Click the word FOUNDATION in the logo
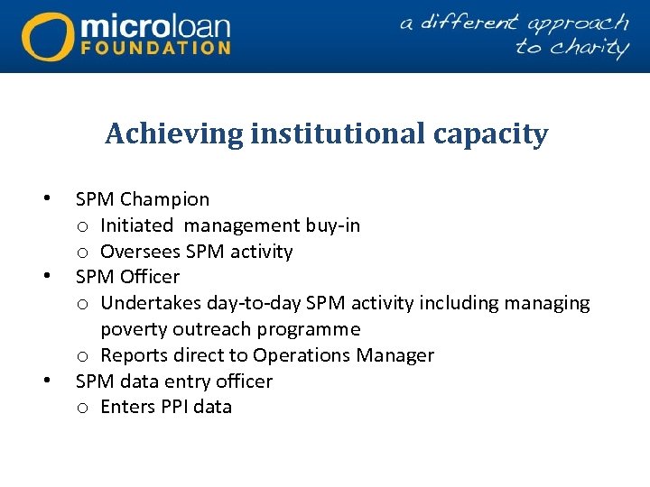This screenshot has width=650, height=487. (x=155, y=47)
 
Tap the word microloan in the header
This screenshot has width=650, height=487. (x=155, y=23)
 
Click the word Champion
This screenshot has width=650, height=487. (x=164, y=199)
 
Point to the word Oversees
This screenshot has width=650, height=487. (x=138, y=252)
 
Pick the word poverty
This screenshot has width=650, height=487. (x=134, y=329)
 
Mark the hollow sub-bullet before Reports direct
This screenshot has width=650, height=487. (x=82, y=356)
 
